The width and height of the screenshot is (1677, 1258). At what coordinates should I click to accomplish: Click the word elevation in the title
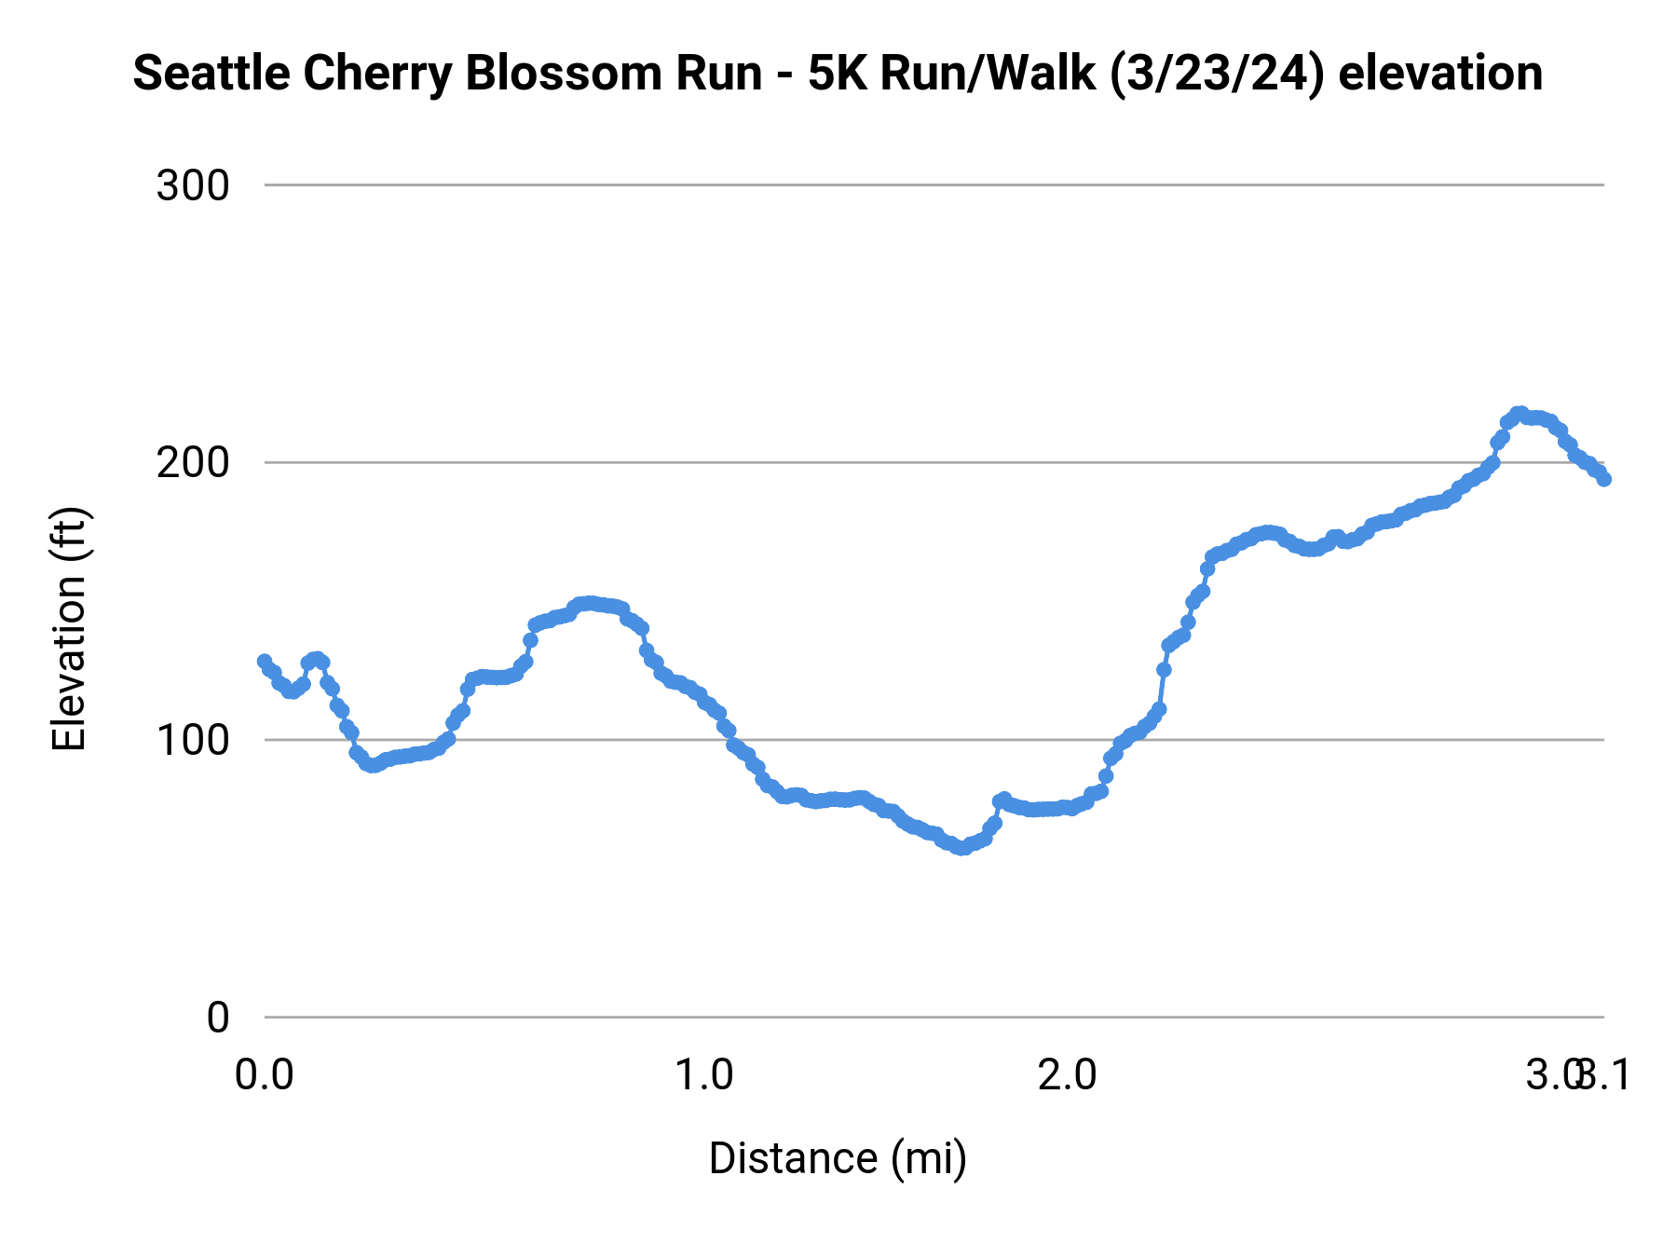point(1440,74)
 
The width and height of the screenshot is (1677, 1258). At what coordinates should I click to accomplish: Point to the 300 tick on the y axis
point(193,185)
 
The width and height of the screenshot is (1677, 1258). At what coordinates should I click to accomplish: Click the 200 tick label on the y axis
point(193,463)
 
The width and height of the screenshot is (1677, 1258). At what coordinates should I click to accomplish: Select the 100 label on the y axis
point(193,741)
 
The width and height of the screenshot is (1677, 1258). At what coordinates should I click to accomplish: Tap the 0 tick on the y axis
point(217,1018)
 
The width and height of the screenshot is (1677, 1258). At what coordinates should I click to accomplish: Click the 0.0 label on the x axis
point(264,1075)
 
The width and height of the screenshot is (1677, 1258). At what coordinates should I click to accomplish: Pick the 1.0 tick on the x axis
point(703,1075)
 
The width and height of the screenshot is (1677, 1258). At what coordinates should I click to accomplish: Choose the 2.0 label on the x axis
point(1068,1075)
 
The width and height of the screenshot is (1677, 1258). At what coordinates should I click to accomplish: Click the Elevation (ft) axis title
point(69,629)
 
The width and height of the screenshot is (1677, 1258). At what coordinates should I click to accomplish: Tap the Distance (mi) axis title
point(838,1158)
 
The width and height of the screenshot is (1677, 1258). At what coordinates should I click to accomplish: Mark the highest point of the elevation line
point(1520,414)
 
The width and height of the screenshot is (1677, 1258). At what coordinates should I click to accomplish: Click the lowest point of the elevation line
point(961,848)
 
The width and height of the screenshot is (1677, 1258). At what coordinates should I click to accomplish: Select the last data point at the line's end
point(1604,479)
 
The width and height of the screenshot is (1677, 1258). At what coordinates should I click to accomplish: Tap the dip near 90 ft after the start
point(372,765)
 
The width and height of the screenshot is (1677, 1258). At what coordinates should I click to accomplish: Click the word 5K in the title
point(838,74)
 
